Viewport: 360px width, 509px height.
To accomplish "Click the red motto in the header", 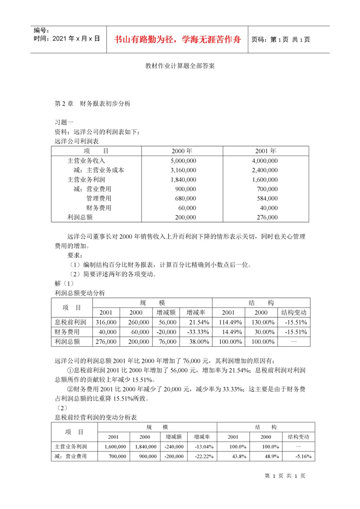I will click(x=177, y=39).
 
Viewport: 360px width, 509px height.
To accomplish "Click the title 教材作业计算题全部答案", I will click(x=180, y=66).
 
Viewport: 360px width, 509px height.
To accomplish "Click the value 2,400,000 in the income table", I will click(x=265, y=170).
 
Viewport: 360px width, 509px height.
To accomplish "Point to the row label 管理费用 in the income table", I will click(x=99, y=198).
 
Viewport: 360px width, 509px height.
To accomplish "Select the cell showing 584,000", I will click(x=266, y=198).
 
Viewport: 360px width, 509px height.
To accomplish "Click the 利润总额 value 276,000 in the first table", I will click(x=266, y=217).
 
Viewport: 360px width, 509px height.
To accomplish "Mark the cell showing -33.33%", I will click(x=197, y=332).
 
